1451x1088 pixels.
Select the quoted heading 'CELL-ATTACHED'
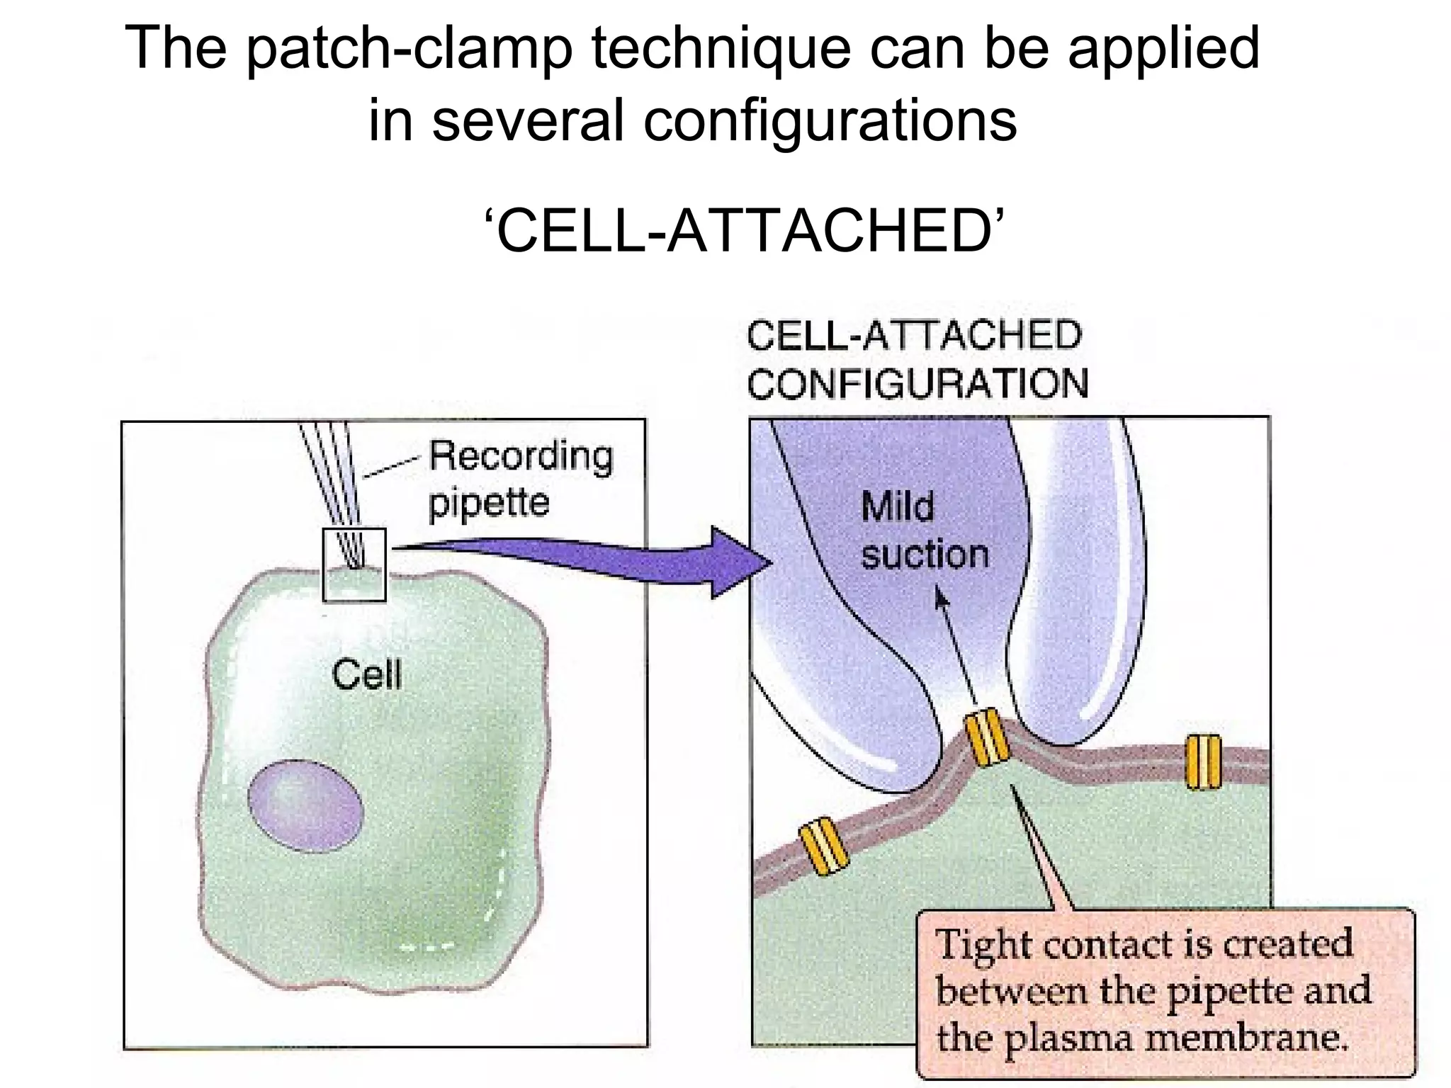[745, 232]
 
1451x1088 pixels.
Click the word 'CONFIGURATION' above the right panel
[918, 385]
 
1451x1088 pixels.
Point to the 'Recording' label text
[521, 457]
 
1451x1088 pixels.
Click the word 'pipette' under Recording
[489, 504]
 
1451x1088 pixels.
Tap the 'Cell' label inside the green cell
[366, 674]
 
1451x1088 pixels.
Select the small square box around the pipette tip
[354, 565]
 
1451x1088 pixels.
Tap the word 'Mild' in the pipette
[897, 507]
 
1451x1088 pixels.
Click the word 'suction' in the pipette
[925, 555]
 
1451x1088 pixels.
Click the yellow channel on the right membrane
[1203, 761]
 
